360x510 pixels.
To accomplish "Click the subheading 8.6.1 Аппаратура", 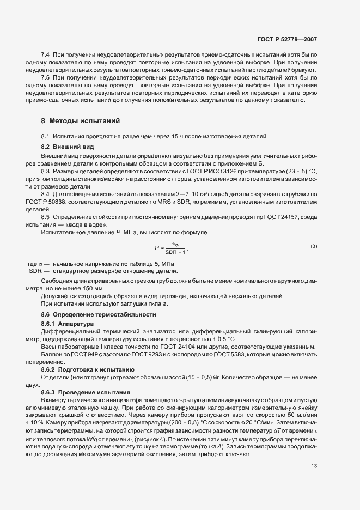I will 68,323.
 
